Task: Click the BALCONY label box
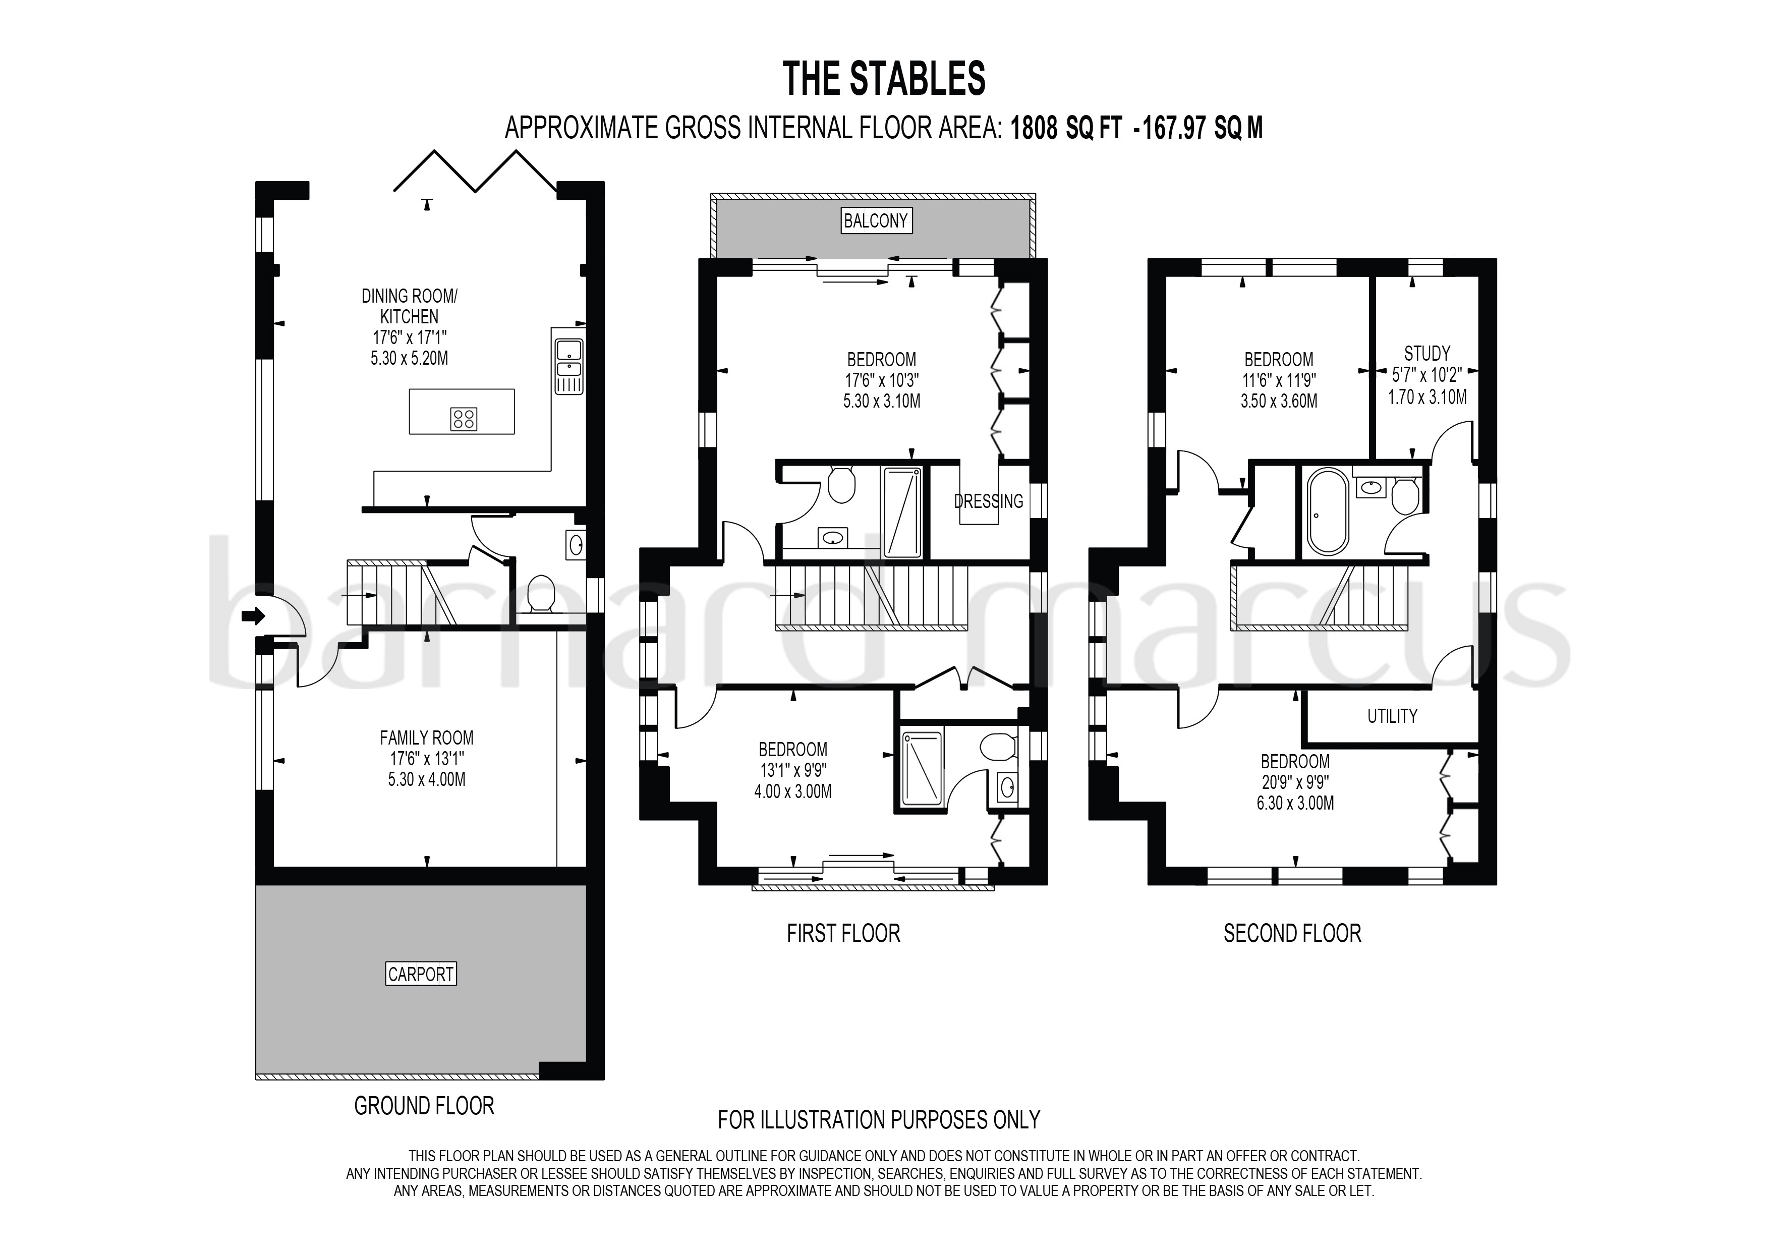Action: tap(875, 221)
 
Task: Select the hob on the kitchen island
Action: tap(464, 418)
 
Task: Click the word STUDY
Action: tap(1427, 354)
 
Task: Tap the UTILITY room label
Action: tap(1392, 716)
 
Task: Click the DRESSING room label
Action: tap(989, 501)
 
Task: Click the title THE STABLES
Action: tap(884, 79)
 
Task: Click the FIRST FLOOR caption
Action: tap(843, 934)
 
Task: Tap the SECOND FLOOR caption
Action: tap(1292, 934)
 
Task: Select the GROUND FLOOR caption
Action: tap(424, 1106)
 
